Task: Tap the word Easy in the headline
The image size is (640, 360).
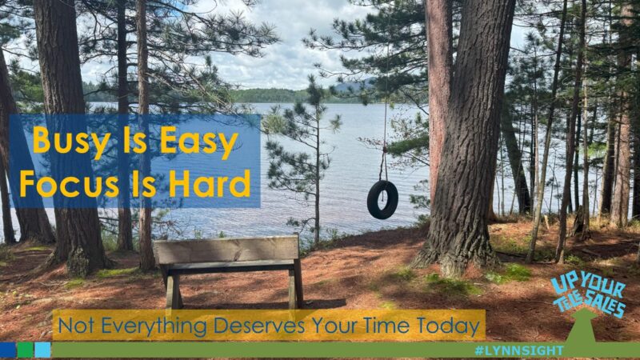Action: (x=198, y=142)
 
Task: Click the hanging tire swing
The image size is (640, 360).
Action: (x=382, y=199)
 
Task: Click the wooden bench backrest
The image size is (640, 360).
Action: (x=227, y=250)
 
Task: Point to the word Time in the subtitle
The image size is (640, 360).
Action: (x=389, y=326)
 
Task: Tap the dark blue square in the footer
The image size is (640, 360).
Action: (x=8, y=350)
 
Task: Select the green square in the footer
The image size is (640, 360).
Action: (x=26, y=350)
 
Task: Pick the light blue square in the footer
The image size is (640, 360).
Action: (x=42, y=350)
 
